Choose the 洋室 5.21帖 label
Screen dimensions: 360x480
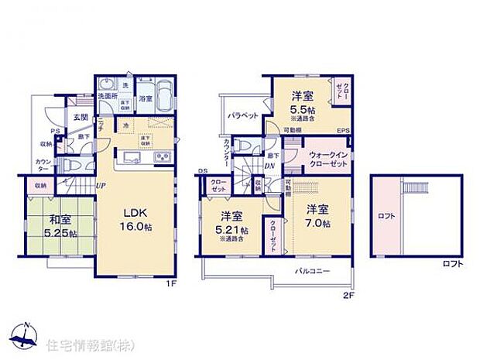(x=232, y=225)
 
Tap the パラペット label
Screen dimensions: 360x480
(x=243, y=115)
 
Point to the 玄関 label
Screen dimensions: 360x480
(x=80, y=118)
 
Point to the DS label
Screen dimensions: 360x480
(x=202, y=171)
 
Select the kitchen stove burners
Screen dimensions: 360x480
(x=163, y=158)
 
